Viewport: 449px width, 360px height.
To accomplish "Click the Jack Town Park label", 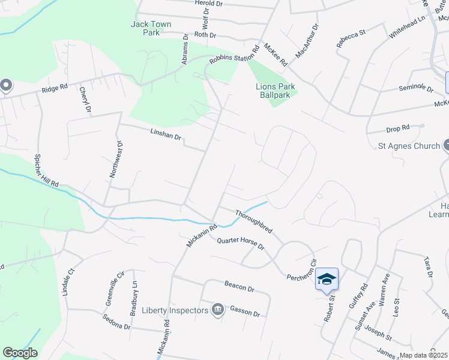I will click(151, 28).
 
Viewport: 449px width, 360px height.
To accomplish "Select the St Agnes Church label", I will click(409, 145).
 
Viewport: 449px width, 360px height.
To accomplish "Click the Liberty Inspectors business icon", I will click(217, 310).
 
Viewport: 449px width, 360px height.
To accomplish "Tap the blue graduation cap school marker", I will click(327, 279).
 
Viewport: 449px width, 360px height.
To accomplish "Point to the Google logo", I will click(20, 353).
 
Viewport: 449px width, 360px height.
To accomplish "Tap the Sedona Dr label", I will click(116, 322).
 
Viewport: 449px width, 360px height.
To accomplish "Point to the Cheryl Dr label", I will click(85, 100).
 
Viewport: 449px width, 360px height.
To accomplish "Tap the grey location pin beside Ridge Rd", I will click(5, 85).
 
